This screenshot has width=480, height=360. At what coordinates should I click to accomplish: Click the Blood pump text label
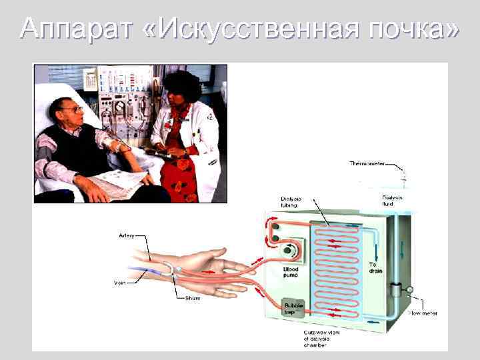291,271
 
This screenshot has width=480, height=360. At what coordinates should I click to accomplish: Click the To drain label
376,268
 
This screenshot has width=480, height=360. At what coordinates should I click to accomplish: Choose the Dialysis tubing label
291,202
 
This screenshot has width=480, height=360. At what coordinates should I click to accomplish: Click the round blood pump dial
291,251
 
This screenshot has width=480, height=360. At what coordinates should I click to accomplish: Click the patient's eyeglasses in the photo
74,109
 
